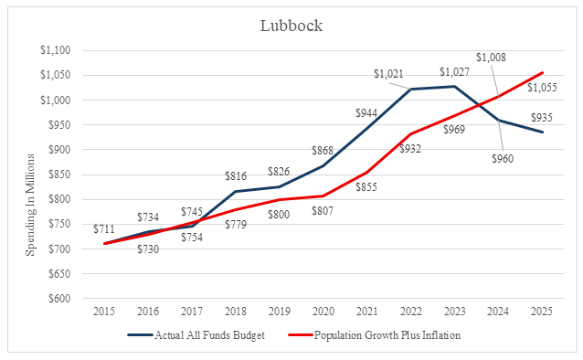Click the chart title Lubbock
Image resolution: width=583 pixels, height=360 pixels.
(291, 26)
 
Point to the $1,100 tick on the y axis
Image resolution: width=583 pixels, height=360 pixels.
(56, 50)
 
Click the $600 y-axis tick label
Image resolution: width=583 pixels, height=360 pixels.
(59, 298)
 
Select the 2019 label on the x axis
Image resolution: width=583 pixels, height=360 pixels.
(280, 312)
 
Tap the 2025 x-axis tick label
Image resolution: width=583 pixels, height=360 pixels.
(542, 312)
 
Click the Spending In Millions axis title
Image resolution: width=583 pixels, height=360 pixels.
(30, 205)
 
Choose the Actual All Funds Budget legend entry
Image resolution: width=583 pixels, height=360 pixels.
(196, 335)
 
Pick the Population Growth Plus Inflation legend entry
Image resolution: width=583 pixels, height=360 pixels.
(375, 335)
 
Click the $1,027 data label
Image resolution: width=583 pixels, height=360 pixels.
(454, 72)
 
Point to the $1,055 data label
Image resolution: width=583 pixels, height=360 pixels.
(542, 88)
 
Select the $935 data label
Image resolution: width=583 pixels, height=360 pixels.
(542, 118)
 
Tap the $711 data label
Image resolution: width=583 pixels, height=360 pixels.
(104, 229)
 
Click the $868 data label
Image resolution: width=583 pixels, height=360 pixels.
(323, 151)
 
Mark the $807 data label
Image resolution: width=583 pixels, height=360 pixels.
(323, 211)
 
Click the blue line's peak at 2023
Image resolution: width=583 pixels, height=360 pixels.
(454, 86)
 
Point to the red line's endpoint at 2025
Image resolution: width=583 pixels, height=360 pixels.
(542, 73)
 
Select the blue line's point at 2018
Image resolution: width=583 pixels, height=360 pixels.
(236, 192)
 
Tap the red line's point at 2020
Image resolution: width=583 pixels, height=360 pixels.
(323, 196)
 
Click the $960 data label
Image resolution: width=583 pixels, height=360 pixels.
(503, 159)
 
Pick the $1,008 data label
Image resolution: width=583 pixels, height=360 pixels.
(491, 58)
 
